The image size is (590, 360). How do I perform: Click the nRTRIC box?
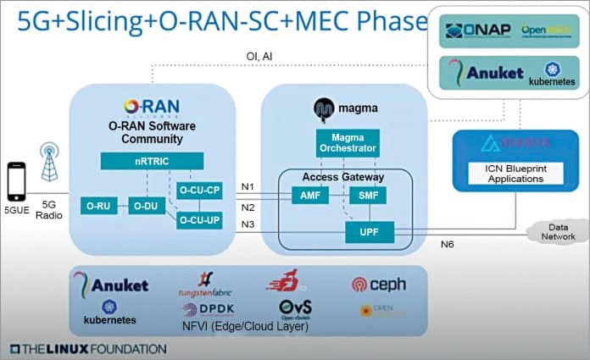[152, 160]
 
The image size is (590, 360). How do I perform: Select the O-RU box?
[100, 205]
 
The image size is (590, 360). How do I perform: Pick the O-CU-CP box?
[200, 191]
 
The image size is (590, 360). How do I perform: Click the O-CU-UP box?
[200, 220]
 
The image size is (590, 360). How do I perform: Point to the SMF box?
[367, 195]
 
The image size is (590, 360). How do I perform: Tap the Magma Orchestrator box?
[347, 143]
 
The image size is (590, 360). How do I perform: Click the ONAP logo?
[476, 31]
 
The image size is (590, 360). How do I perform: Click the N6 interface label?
[448, 245]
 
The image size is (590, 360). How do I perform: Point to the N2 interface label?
[248, 207]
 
